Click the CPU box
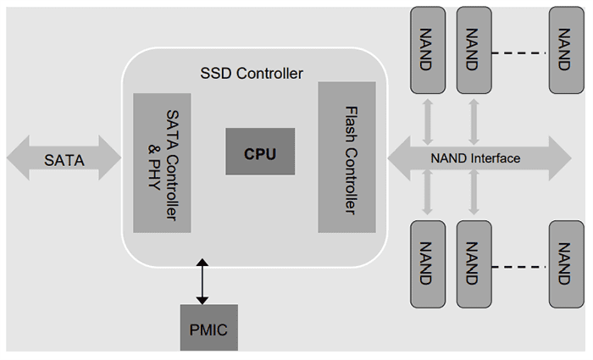(260, 152)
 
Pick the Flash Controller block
(346, 157)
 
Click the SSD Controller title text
(252, 74)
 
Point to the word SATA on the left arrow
(64, 158)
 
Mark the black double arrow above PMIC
(202, 283)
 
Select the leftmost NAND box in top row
(428, 50)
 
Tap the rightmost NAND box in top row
(565, 50)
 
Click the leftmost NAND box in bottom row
(428, 263)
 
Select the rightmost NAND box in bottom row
(565, 263)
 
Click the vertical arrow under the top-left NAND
(428, 117)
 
